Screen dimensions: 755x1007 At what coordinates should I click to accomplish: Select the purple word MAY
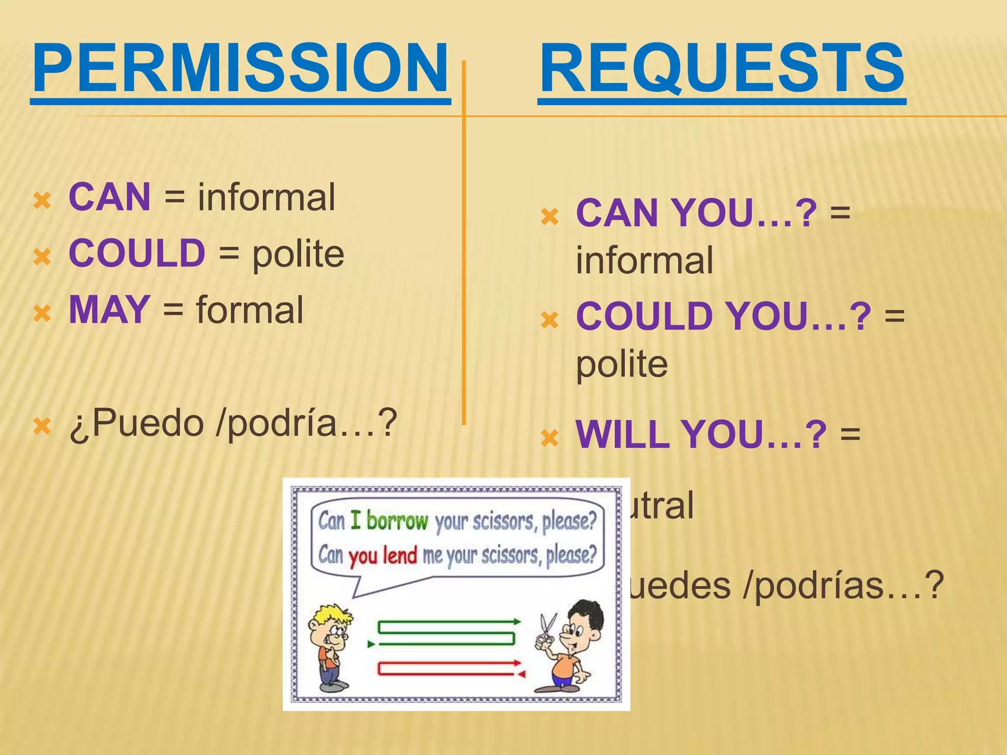coord(109,310)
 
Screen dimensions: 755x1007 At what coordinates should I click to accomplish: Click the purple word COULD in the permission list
coord(137,253)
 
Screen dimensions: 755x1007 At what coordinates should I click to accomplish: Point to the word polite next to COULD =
coord(298,254)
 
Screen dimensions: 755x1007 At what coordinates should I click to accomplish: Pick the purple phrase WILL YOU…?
coord(701,435)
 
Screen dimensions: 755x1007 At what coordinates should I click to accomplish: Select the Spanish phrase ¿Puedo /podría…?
coord(233,423)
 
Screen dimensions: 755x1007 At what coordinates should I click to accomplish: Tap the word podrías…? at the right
coord(844,585)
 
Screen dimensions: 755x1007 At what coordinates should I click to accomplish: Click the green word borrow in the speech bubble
coord(397,521)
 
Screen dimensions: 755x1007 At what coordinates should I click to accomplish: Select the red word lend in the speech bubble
coord(400,555)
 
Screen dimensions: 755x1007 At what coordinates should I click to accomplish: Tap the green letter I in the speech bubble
coord(355,521)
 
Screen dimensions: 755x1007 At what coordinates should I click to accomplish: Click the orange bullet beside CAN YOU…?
coord(549,217)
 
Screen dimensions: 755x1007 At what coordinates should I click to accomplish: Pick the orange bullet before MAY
coord(42,313)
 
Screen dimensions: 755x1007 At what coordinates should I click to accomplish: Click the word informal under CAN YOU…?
coord(644,261)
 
